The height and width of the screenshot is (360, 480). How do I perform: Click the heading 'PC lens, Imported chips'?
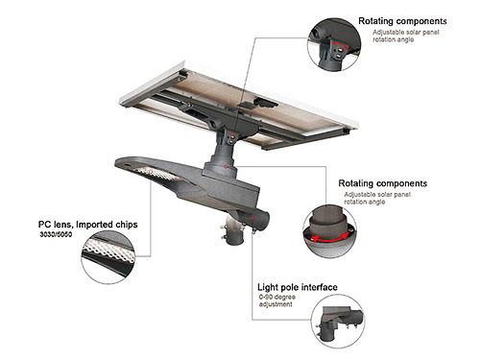[x=88, y=225]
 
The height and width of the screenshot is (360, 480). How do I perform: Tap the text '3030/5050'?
[x=56, y=234]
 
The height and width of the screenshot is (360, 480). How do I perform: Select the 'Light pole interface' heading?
[x=298, y=287]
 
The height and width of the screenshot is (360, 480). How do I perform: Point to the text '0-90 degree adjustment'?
[x=277, y=300]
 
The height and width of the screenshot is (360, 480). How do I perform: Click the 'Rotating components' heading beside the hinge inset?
[x=402, y=21]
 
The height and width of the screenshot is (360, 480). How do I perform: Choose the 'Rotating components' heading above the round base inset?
[x=383, y=183]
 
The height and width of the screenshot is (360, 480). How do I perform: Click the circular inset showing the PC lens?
[x=108, y=257]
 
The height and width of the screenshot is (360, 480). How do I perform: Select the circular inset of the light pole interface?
[x=338, y=322]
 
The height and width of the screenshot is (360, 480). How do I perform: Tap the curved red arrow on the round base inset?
[x=330, y=239]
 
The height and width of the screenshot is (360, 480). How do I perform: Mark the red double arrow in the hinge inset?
[x=341, y=45]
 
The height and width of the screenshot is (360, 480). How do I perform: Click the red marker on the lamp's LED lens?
[x=151, y=172]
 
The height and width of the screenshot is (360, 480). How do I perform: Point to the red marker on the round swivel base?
[x=226, y=167]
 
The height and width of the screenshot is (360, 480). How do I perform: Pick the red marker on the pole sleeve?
[x=252, y=219]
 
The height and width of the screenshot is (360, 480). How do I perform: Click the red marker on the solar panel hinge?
[x=233, y=134]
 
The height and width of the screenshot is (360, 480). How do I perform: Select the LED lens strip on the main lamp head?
[x=156, y=174]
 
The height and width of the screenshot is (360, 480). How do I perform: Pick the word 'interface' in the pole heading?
[x=320, y=287]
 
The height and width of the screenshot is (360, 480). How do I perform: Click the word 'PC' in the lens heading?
[x=44, y=225]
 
